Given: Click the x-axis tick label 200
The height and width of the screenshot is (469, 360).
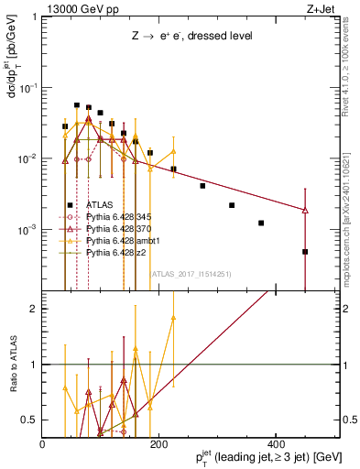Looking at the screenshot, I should coord(158,444).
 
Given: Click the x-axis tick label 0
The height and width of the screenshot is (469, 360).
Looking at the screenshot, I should coord(43,444).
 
